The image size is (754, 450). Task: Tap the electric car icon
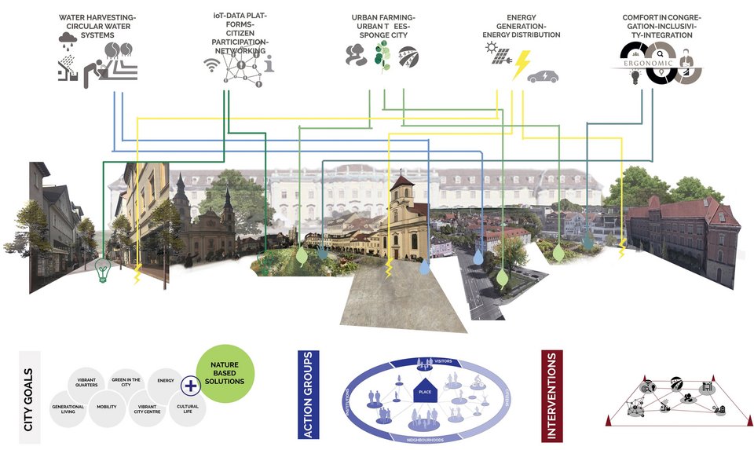(x=543, y=76)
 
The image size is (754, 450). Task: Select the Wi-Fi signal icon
(x=212, y=65)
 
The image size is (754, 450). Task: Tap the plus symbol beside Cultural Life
(x=189, y=385)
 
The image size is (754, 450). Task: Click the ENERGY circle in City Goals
(x=165, y=381)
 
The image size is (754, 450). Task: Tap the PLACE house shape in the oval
(x=425, y=390)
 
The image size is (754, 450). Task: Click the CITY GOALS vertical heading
(x=28, y=398)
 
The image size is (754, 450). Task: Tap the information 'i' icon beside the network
(x=271, y=66)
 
